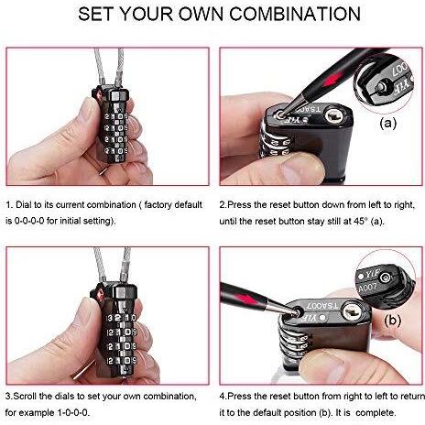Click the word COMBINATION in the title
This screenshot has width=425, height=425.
[295, 14]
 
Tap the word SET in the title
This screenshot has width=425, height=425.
[96, 14]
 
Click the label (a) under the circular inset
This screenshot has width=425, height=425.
[387, 123]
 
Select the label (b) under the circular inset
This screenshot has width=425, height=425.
[392, 321]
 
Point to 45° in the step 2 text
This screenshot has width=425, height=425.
[359, 221]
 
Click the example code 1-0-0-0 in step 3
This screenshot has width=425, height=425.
[73, 413]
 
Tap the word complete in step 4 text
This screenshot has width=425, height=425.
[376, 413]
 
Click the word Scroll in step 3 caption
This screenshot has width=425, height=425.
[25, 397]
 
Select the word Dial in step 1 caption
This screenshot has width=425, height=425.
[25, 204]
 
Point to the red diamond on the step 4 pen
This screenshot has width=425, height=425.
[245, 299]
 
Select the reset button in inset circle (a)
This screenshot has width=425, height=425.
[381, 87]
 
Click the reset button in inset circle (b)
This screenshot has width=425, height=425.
[386, 278]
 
